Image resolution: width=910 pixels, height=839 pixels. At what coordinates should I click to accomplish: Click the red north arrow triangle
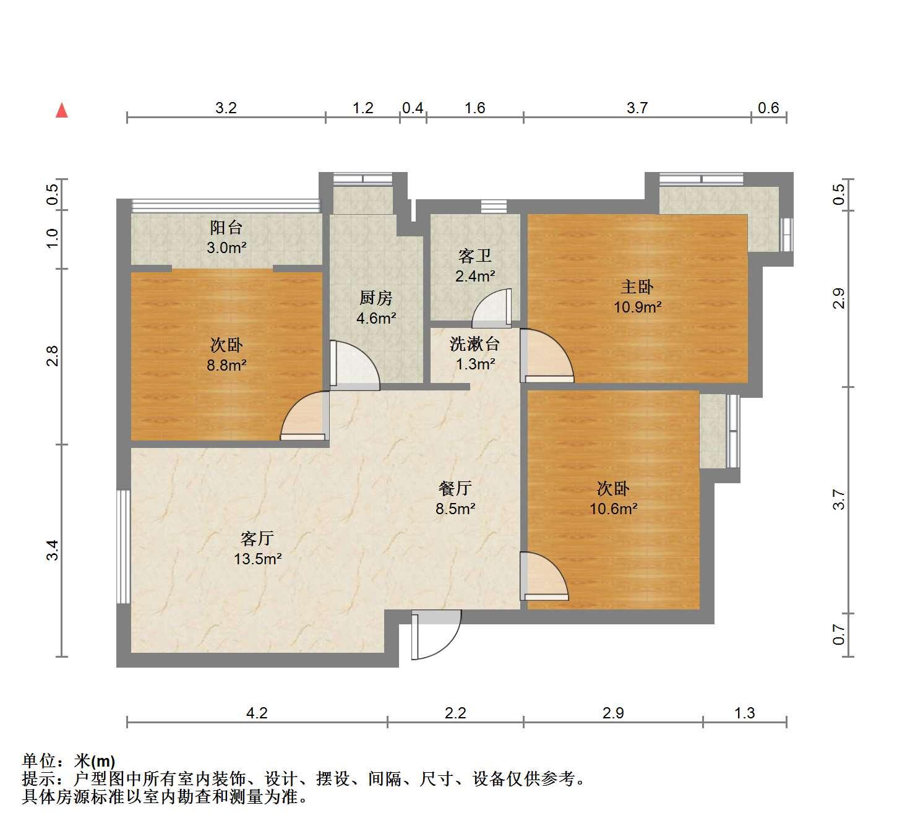[x=62, y=111]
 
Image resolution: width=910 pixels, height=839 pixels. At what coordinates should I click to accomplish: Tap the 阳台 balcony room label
[x=226, y=228]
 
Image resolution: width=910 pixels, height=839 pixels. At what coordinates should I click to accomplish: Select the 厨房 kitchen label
[x=376, y=298]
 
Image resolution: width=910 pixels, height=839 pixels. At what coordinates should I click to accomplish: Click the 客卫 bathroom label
[x=474, y=256]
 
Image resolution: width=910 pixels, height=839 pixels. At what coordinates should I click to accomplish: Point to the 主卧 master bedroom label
[x=637, y=287]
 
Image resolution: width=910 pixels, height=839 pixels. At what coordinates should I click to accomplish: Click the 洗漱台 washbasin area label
[x=474, y=344]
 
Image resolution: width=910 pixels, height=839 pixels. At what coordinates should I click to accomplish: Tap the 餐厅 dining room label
[x=455, y=489]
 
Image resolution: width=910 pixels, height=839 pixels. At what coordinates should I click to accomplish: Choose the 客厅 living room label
[x=257, y=539]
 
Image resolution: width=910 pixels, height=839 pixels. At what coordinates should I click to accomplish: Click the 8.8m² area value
[x=226, y=365]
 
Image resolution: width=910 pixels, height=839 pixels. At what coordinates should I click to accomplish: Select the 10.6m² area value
[x=613, y=509]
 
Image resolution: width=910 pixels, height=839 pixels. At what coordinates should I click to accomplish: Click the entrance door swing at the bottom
[x=436, y=635]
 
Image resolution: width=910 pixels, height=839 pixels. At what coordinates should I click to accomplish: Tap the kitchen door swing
[x=354, y=366]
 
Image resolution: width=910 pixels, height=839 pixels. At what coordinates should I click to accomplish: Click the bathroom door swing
[x=492, y=308]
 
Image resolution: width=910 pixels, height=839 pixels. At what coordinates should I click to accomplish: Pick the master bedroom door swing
[x=547, y=356]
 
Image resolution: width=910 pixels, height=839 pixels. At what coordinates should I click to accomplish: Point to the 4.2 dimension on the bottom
[x=257, y=713]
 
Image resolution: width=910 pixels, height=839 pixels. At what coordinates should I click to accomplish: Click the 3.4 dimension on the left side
[x=53, y=550]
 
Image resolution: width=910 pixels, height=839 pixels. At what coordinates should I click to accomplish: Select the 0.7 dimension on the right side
[x=838, y=635]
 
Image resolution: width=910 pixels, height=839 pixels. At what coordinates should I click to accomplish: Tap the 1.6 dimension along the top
[x=474, y=108]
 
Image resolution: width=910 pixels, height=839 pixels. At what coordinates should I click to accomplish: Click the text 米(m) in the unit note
[x=95, y=762]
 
